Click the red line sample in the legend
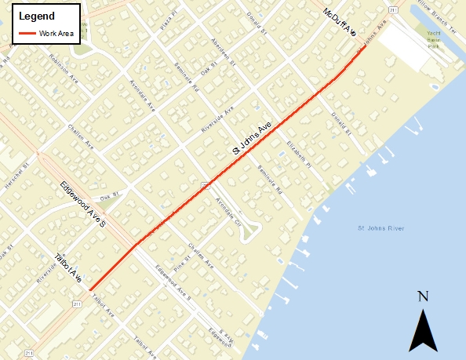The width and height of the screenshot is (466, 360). point(28,34)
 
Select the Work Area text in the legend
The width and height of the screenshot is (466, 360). point(56,34)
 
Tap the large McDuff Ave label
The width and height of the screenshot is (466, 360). point(340,23)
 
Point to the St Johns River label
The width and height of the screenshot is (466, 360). point(380,229)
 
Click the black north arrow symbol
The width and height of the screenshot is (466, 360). point(423,329)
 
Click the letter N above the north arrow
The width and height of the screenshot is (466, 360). point(423,296)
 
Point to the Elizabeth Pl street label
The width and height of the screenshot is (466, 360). point(299,155)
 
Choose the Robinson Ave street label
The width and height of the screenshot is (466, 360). point(64,69)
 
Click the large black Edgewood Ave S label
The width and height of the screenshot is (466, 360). point(82,204)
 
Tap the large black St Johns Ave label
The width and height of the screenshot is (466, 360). point(253,138)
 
